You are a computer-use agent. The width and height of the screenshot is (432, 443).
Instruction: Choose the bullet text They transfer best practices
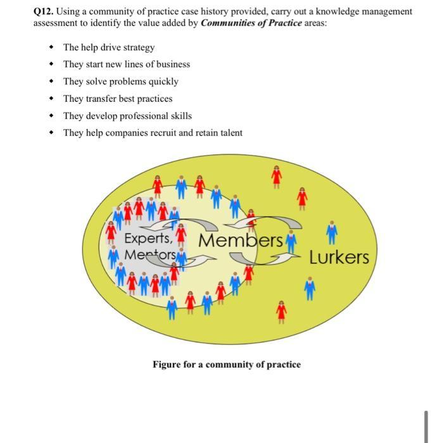(x=118, y=99)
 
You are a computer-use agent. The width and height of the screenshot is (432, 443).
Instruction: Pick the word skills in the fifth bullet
(x=179, y=116)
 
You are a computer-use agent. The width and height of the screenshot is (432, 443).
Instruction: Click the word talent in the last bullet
(x=229, y=133)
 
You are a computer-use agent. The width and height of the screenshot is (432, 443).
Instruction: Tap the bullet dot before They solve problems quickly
(x=51, y=82)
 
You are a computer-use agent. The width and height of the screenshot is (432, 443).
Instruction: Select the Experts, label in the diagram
(x=148, y=239)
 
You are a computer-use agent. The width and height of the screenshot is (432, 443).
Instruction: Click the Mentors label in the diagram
(x=149, y=255)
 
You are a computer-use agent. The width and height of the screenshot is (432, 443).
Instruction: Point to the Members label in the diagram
(x=240, y=240)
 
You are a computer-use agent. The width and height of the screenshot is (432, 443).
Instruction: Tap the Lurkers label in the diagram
(x=339, y=258)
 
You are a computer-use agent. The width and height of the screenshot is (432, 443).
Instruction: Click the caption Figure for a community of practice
(x=226, y=365)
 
